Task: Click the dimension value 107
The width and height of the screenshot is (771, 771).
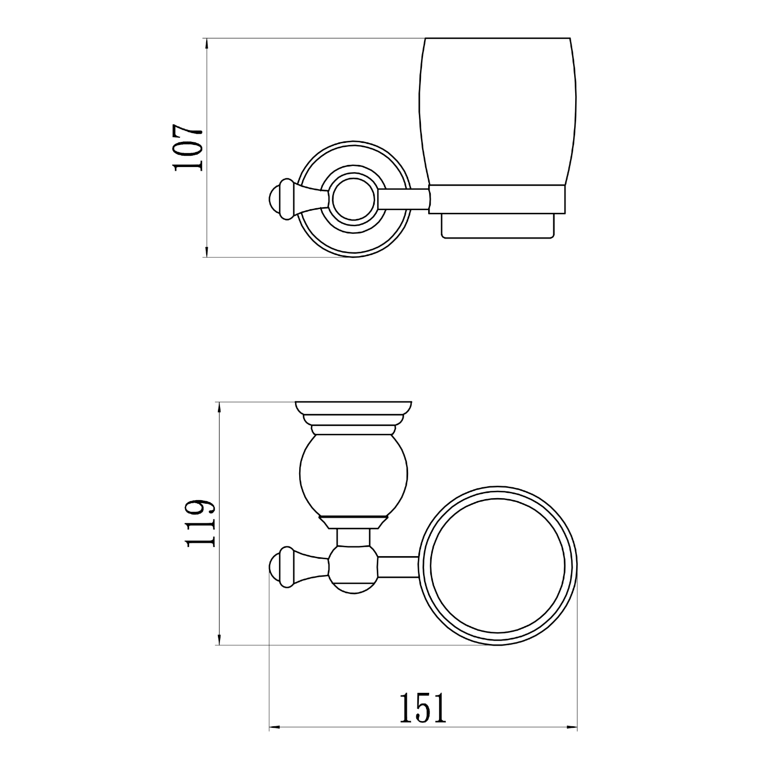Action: pos(189,148)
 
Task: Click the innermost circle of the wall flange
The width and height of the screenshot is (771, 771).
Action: pos(354,199)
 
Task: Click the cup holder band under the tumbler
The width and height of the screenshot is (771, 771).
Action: pos(497,199)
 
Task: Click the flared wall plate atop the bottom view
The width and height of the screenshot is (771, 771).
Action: pos(354,409)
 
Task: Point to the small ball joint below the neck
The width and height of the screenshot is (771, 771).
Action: pos(353,570)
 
